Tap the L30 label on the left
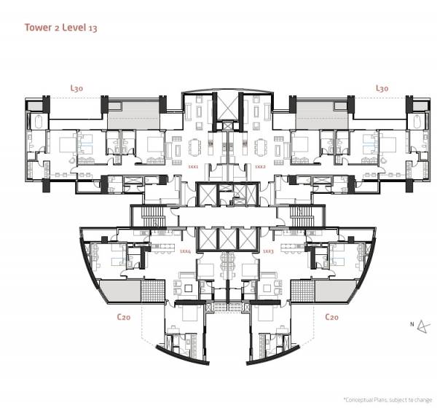[x=76, y=88]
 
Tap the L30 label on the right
[x=381, y=88]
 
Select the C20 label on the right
[x=331, y=317]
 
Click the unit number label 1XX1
[x=193, y=166]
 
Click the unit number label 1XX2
[x=260, y=166]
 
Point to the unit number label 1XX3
[x=267, y=251]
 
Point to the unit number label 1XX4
[x=185, y=251]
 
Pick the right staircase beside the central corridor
[x=300, y=216]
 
